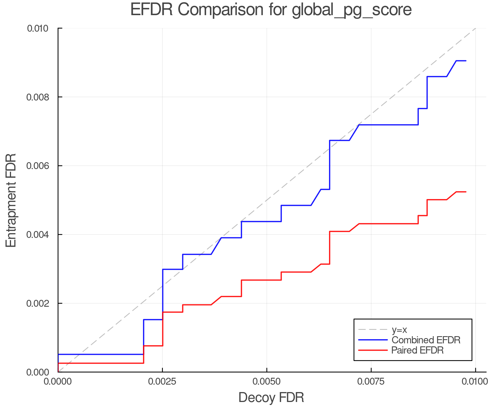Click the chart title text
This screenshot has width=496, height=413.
271,10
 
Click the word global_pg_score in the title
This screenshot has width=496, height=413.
352,10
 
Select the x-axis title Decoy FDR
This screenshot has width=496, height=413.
271,398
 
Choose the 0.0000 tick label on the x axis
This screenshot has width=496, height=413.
58,382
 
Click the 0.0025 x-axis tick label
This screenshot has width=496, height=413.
162,382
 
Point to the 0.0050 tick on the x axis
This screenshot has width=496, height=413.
267,382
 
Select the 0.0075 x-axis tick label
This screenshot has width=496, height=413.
371,382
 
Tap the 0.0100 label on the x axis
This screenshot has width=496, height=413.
475,382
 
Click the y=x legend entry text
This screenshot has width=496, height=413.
399,330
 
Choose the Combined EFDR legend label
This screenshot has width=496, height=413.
426,340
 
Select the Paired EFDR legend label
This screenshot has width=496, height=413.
417,350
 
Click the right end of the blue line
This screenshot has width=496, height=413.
466,61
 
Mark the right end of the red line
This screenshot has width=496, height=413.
466,192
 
